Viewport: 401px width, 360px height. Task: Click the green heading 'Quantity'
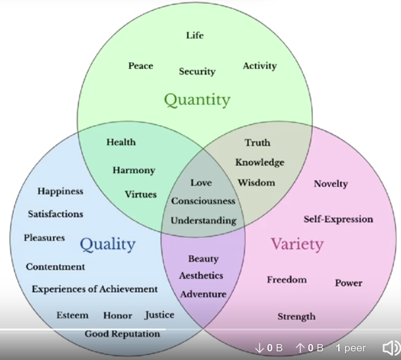pos(197,100)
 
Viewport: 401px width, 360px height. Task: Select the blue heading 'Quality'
pos(107,244)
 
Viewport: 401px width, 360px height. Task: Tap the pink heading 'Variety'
pos(296,244)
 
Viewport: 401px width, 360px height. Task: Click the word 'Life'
pos(195,35)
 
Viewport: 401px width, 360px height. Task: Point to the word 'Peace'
pos(140,66)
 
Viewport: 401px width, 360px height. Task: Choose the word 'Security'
pos(197,72)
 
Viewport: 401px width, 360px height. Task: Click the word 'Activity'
pos(259,66)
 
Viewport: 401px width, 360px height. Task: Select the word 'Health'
pos(121,142)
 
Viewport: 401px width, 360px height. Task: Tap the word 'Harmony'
pos(134,170)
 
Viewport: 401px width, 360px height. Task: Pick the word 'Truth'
pos(257,143)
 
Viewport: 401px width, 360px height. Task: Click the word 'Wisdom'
pos(256,182)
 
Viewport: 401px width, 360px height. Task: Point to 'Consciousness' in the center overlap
pos(203,201)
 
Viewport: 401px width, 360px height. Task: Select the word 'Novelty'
pos(331,184)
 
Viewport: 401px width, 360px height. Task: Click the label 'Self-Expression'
pos(338,219)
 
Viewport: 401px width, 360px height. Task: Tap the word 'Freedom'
pos(286,280)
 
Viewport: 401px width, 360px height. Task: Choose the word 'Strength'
pos(296,316)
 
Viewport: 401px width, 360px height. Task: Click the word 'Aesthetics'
pos(201,276)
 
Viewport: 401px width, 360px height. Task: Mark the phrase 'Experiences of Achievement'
pos(95,289)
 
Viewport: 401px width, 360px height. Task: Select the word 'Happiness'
pos(60,191)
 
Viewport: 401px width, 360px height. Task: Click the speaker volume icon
pos(390,348)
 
